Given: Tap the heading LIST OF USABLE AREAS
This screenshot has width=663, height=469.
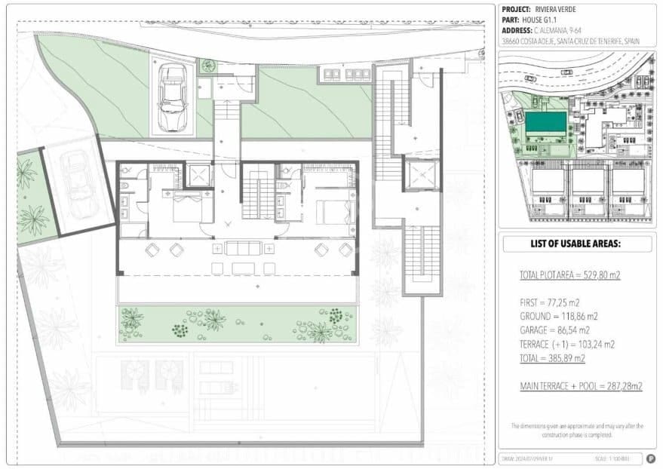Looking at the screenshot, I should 576,244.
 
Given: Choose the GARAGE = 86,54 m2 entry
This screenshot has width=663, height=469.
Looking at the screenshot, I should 560,330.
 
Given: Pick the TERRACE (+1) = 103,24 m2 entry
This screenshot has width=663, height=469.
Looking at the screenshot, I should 567,344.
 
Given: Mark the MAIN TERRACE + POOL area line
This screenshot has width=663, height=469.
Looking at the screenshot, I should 581,386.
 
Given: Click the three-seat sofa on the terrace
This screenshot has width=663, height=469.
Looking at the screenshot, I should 241,249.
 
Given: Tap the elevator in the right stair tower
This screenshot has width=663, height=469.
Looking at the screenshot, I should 421,176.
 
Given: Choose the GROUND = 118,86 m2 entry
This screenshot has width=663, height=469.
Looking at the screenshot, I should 559,317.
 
